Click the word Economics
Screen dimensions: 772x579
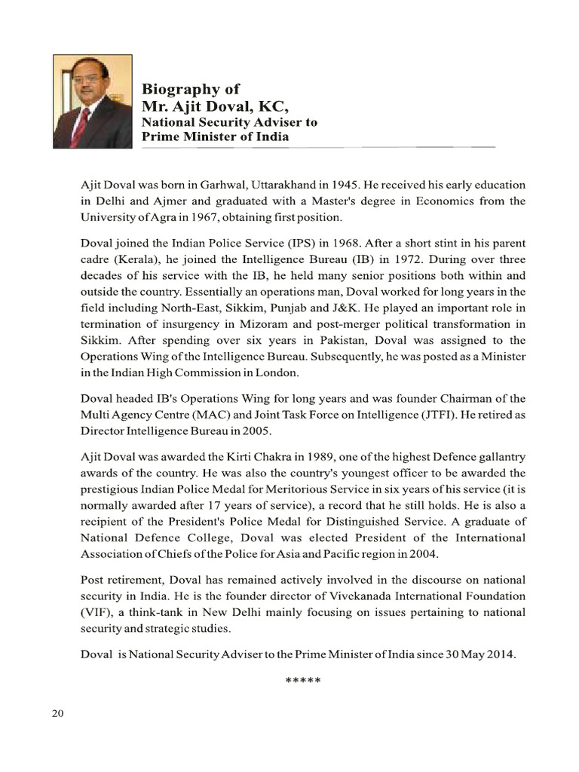click(446, 201)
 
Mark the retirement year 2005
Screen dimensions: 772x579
click(257, 431)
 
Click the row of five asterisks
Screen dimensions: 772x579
click(303, 682)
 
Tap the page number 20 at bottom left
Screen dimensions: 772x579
click(58, 715)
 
